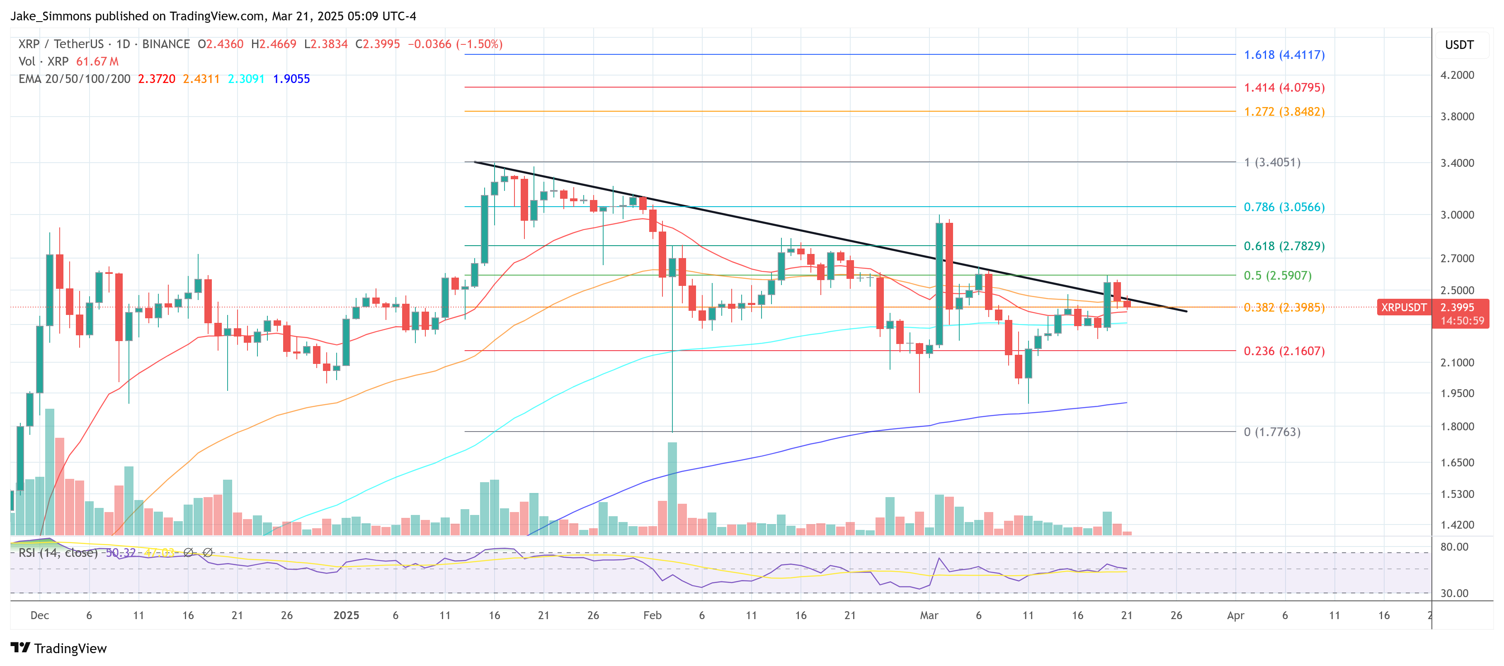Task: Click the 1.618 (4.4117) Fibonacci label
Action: [1284, 55]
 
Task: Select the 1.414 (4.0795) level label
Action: [1284, 88]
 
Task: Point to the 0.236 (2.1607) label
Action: [1284, 351]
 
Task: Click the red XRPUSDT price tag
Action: [1403, 307]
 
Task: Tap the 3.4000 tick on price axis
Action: [1457, 163]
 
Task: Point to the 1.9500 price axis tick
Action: [1457, 393]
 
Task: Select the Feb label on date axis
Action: [652, 615]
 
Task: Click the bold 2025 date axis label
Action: [346, 615]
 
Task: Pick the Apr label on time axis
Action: [1235, 615]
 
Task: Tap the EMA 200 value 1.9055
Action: [291, 79]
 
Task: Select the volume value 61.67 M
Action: [97, 61]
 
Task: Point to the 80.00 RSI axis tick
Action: [1454, 547]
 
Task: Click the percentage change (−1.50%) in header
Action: [479, 44]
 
